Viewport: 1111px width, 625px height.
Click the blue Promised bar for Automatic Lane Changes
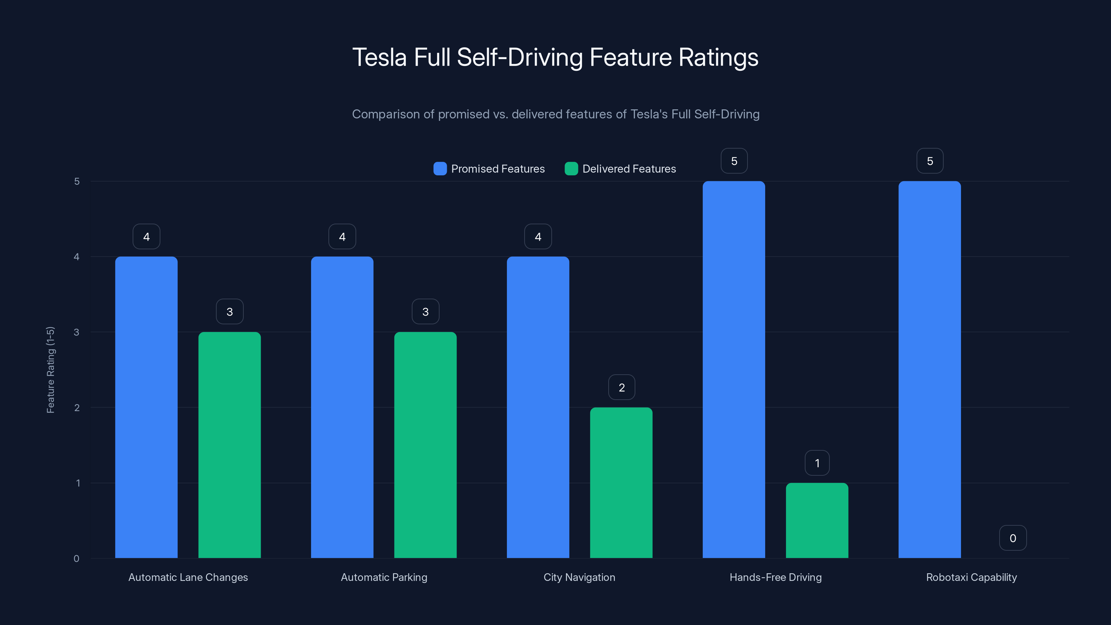coord(146,407)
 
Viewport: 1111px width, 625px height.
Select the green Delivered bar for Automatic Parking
coord(425,445)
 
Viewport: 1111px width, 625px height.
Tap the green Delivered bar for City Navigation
coord(621,483)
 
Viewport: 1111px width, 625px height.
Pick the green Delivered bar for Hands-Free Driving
coord(817,520)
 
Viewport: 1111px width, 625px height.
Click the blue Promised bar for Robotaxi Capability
coord(929,370)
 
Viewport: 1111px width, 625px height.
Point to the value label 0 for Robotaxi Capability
coord(1013,538)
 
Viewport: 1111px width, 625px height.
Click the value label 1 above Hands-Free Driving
coord(817,463)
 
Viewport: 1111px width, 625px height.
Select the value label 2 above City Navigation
coord(621,387)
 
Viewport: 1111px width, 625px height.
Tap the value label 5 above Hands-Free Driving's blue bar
coord(734,161)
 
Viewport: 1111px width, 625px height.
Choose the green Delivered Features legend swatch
coord(571,169)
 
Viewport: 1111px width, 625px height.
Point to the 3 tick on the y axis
coord(77,332)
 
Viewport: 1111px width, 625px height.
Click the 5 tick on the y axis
coord(77,181)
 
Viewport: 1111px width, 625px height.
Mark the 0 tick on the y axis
coord(77,559)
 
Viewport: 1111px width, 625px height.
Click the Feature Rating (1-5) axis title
coord(50,370)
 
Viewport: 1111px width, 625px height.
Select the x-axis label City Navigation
coord(579,577)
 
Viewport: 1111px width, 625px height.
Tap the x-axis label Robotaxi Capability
coord(971,577)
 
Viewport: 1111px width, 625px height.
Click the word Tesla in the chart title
coord(379,57)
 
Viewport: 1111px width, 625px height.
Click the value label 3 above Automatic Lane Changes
coord(229,311)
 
